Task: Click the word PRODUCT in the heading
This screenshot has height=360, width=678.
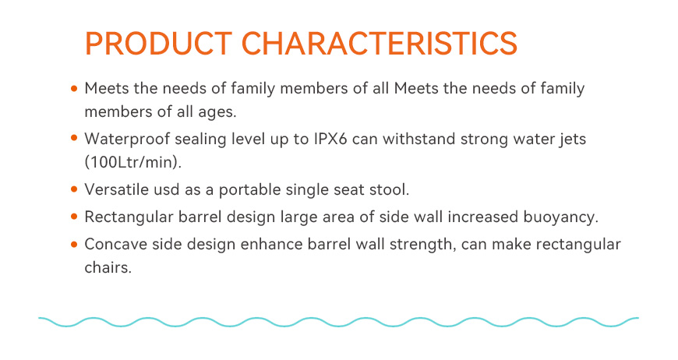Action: tap(159, 43)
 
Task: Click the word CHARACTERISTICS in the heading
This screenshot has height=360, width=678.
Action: tap(380, 43)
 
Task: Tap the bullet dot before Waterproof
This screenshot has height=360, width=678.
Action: tap(74, 138)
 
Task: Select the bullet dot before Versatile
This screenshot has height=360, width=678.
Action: tap(74, 189)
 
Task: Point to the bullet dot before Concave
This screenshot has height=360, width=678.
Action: tap(74, 244)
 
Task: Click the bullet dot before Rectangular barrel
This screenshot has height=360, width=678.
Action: tap(74, 217)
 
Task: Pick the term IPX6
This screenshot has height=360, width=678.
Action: tap(330, 139)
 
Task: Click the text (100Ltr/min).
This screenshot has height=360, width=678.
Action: tap(133, 162)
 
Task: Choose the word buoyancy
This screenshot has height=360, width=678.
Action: tap(561, 217)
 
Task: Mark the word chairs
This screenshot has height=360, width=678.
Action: tap(108, 267)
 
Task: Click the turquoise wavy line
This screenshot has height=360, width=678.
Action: tap(338, 322)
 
